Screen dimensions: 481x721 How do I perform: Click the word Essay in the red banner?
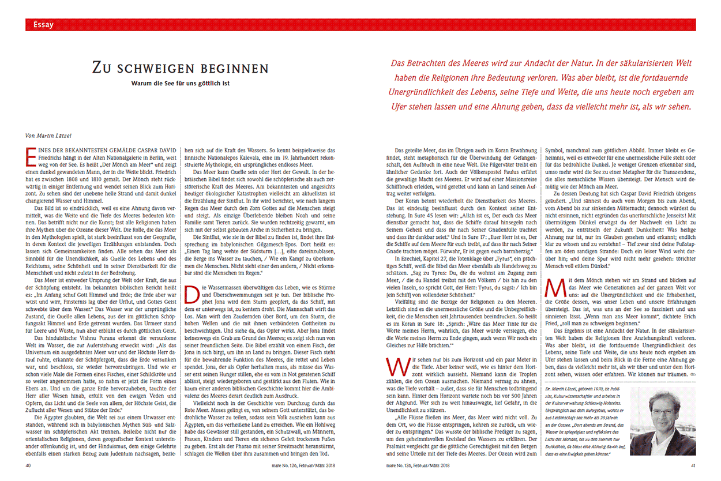pos(44,25)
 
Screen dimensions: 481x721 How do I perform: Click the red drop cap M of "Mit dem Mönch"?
pos(552,286)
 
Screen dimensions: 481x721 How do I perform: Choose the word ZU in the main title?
pos(104,68)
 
